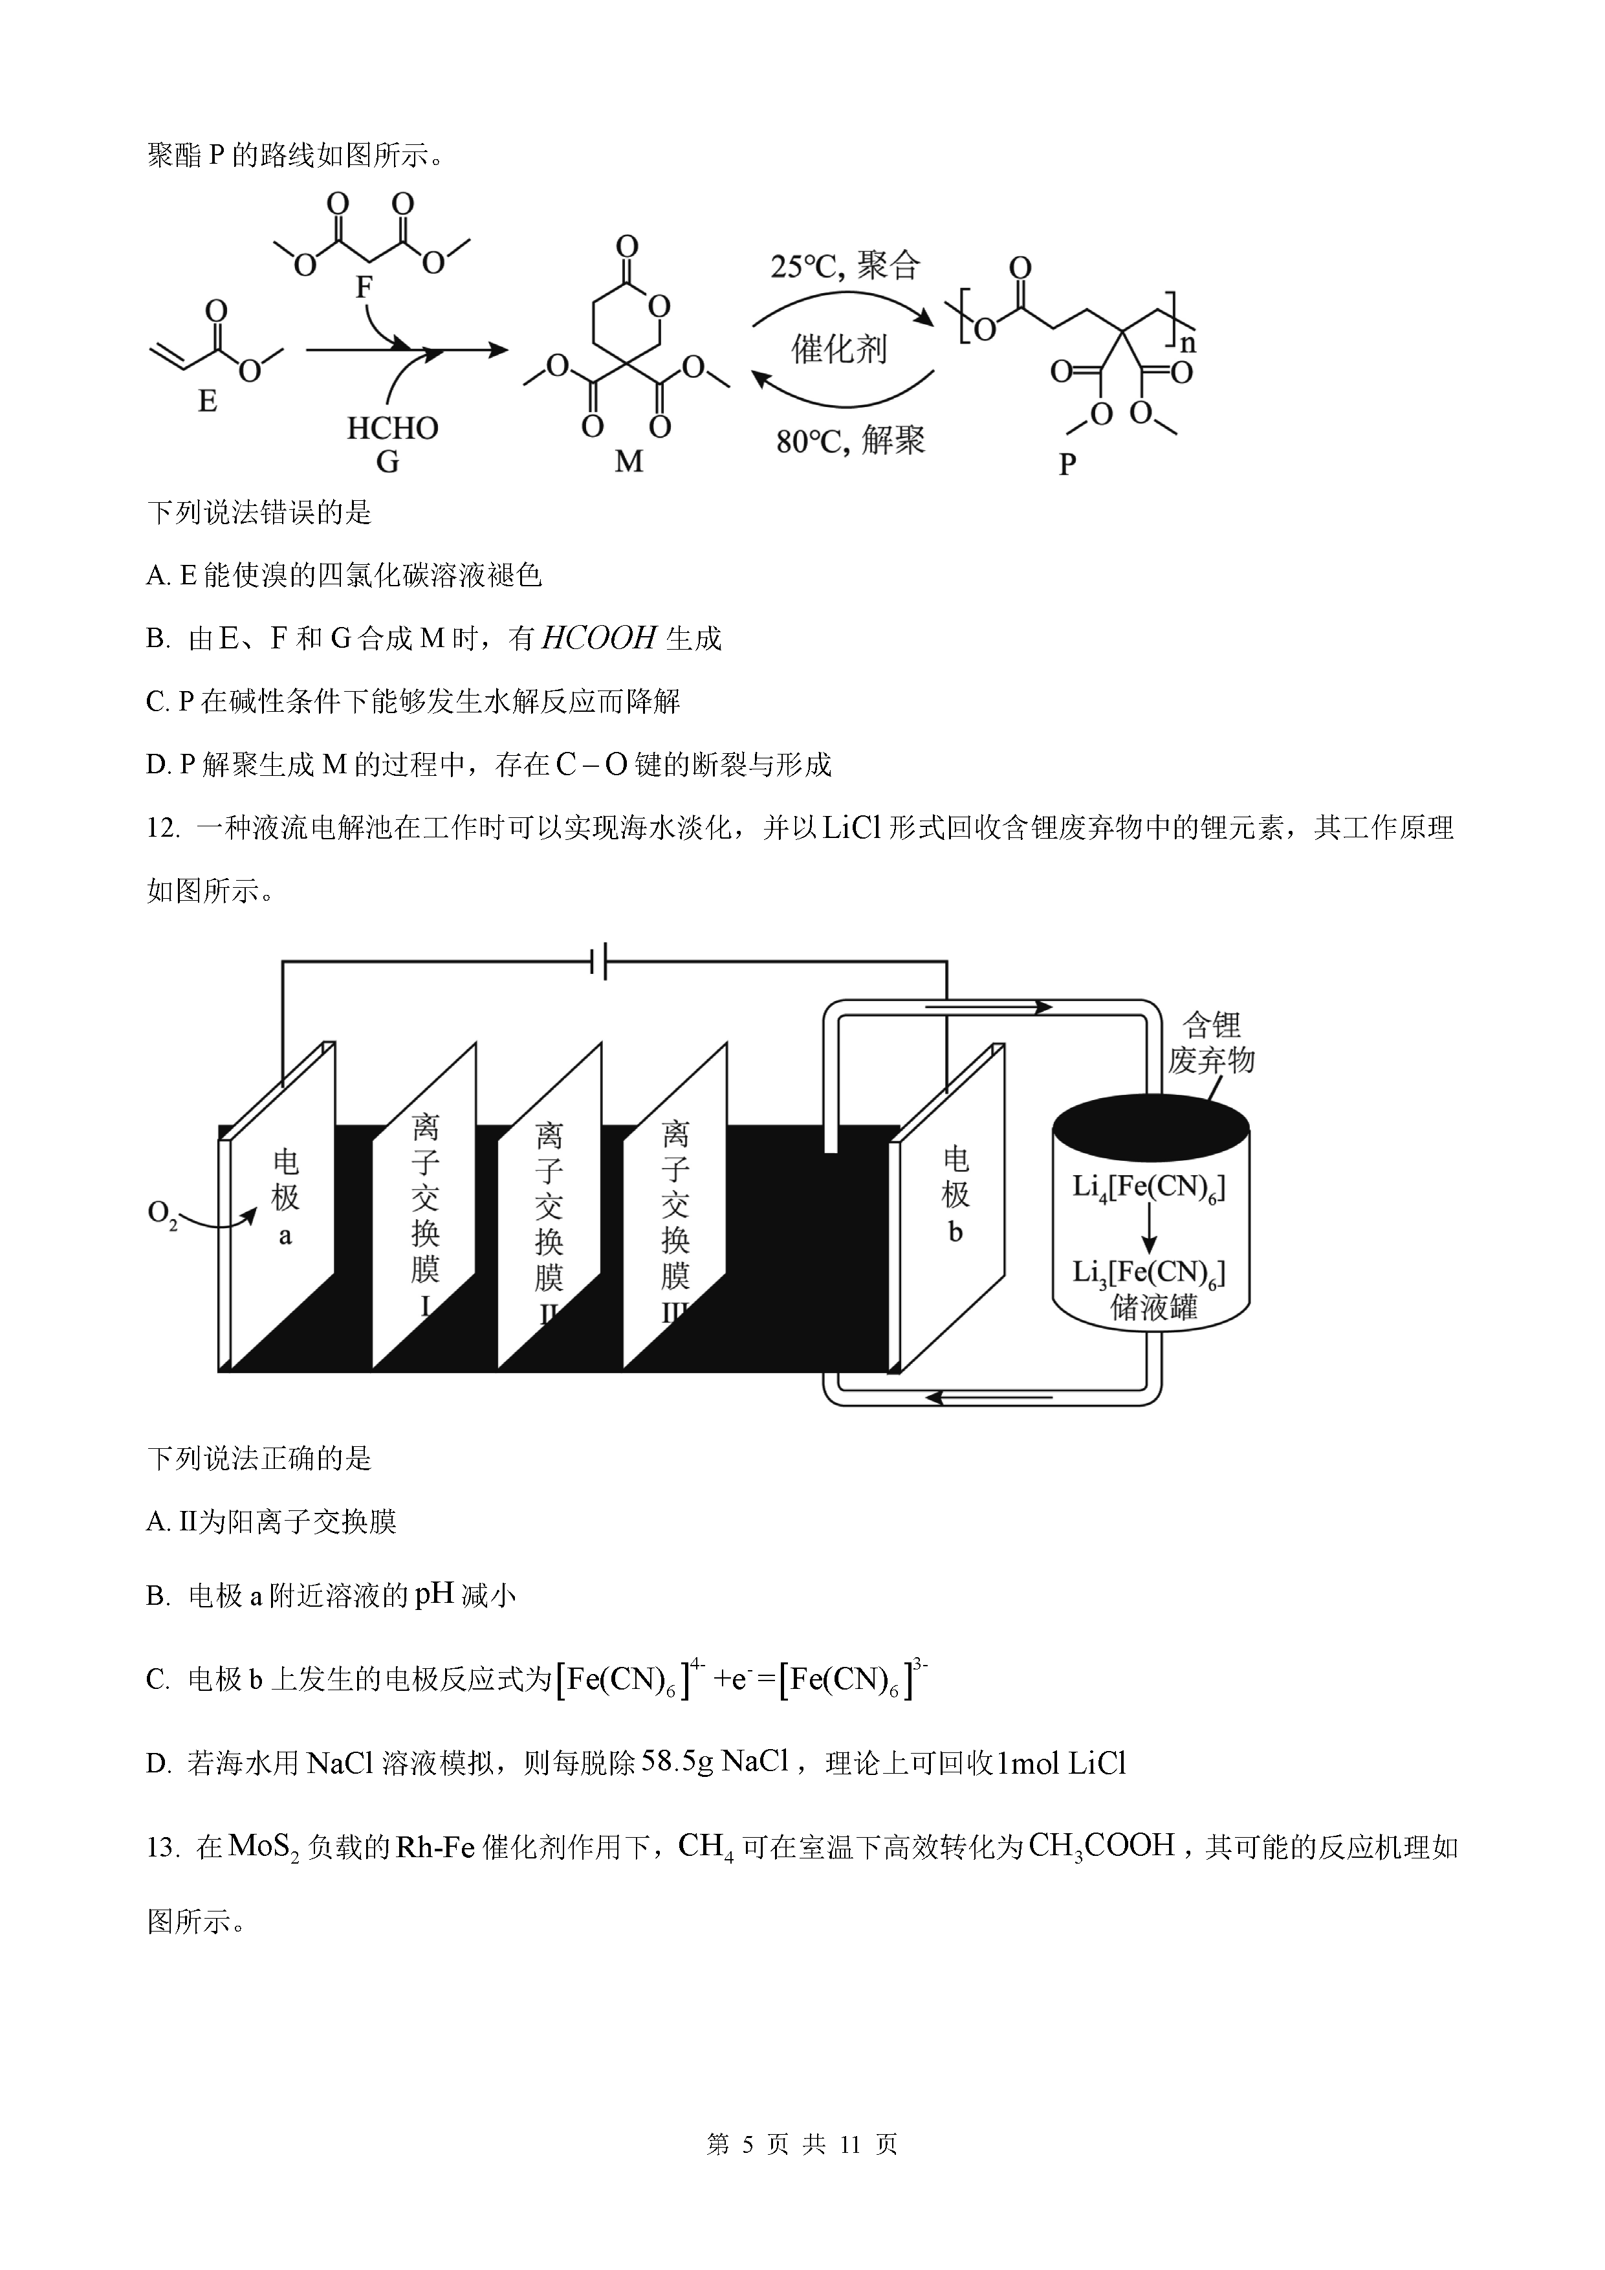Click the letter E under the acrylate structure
coord(208,401)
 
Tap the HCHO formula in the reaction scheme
coord(393,428)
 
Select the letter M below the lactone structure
coord(629,461)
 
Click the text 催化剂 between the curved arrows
coord(839,349)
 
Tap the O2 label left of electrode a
coord(163,1214)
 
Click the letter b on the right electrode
coord(955,1233)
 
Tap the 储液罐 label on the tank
coord(1153,1308)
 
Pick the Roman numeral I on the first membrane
coord(425,1306)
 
